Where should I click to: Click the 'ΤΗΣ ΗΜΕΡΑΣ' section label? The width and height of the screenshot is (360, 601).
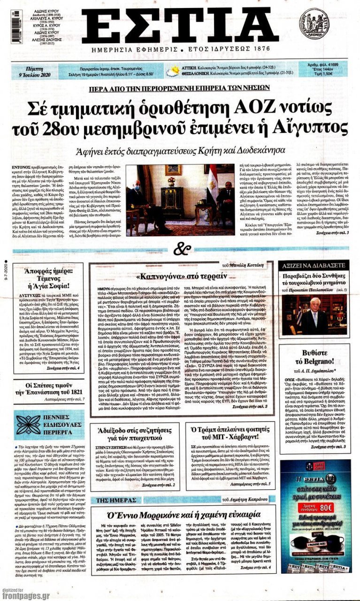pos(111,500)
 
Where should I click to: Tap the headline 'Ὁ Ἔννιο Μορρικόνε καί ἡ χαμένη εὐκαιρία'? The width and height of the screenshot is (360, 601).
pos(182,514)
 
